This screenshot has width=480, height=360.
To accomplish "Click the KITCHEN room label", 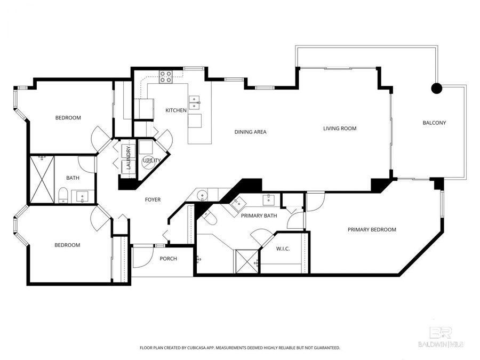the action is pos(175,110).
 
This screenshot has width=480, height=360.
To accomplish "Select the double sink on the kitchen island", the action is pos(194,99).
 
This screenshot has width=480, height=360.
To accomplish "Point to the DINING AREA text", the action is pos(250,132).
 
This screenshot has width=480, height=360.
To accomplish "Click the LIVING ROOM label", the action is pos(340,128).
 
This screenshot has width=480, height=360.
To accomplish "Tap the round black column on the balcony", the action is pos(437,89).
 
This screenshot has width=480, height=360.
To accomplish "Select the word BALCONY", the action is pos(434,123).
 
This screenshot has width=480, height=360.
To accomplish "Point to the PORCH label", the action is pos(168,259).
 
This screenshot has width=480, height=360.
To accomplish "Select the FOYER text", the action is pos(153,199).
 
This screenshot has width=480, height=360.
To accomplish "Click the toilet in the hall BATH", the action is pos(62,195).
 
